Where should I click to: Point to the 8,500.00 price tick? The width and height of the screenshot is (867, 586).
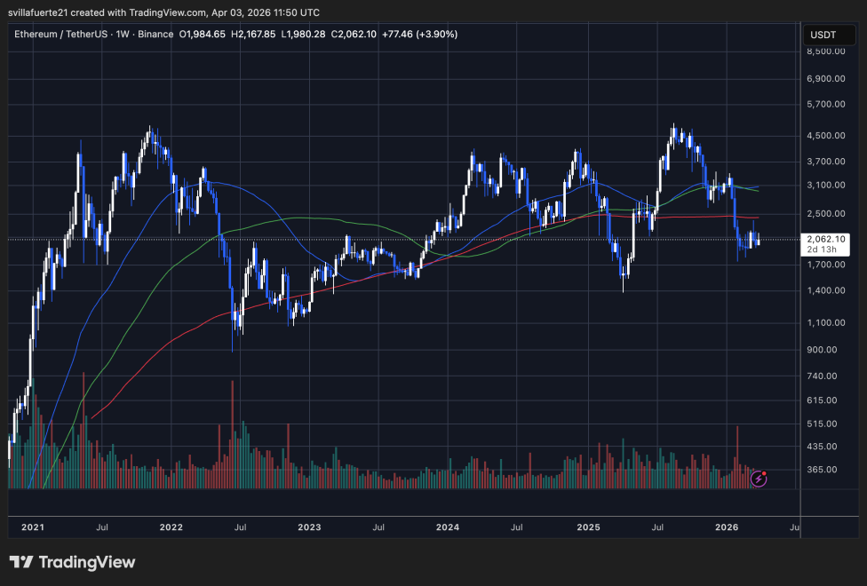827,51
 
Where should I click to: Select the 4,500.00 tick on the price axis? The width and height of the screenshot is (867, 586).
827,136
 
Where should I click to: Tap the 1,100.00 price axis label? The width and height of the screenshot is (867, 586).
827,322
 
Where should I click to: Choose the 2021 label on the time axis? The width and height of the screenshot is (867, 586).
32,527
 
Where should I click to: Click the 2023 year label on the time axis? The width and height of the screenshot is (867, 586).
309,527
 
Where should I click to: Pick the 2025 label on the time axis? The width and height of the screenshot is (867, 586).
587,527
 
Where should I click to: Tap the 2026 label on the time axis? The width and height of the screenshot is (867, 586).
727,527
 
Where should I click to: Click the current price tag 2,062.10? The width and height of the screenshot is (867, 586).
826,239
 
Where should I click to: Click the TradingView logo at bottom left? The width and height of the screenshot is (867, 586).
73,562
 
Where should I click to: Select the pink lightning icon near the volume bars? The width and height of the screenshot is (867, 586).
759,479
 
